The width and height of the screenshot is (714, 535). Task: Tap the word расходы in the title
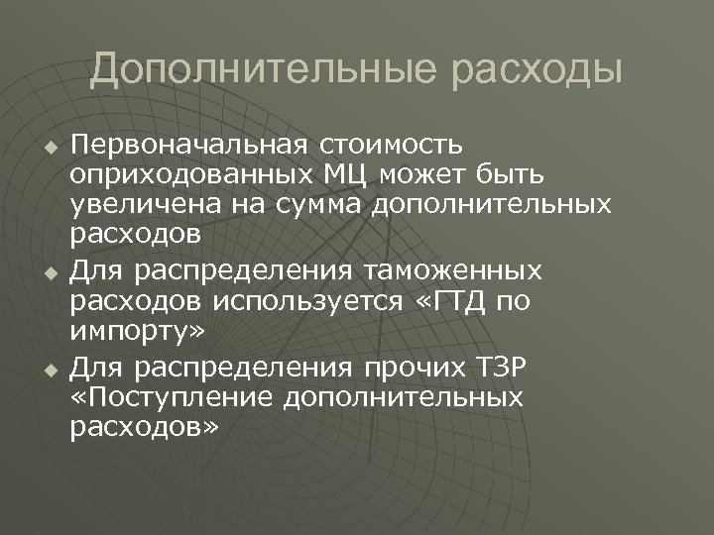point(536,71)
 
